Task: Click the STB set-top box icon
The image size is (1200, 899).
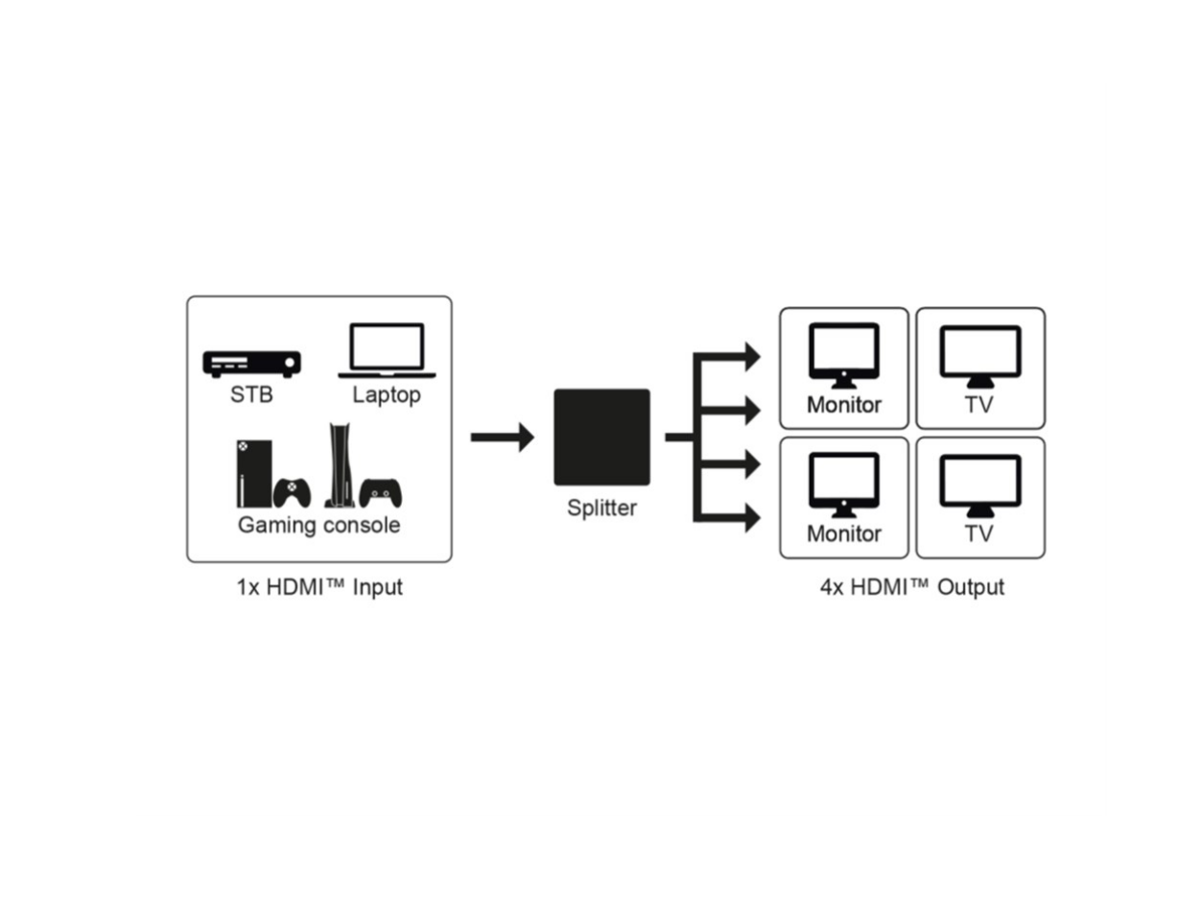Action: coord(251,364)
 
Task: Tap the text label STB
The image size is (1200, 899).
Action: coord(251,394)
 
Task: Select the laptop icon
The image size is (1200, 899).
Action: coord(387,350)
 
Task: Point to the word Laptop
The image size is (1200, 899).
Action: coord(387,395)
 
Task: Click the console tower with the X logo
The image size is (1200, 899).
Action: coord(247,474)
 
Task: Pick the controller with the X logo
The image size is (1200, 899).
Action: coord(292,493)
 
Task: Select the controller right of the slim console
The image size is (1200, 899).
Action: coord(382,492)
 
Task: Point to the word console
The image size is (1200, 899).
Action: coord(362,526)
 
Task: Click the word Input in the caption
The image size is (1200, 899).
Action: coord(378,587)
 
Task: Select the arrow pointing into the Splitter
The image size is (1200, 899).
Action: coord(502,438)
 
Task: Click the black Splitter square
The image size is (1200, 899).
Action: coord(601,437)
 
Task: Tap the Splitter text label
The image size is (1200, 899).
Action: coord(601,509)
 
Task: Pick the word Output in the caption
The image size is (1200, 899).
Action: coord(971,587)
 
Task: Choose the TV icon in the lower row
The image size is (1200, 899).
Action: coord(979,485)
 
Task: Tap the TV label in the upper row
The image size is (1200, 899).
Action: coord(979,405)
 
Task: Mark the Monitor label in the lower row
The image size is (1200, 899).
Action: coord(843,534)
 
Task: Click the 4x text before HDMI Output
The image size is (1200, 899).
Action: coord(831,587)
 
